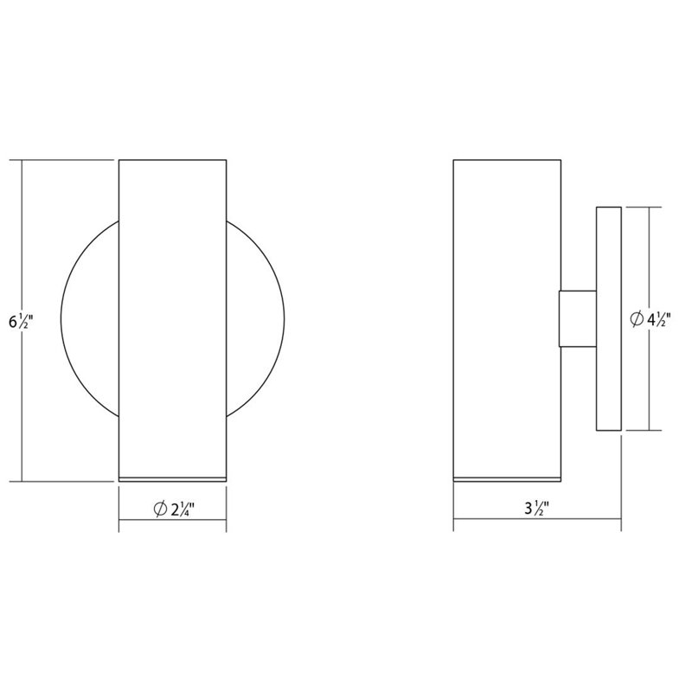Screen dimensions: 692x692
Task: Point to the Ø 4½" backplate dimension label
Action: pyautogui.click(x=649, y=320)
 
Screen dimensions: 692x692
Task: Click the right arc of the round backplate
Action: pyautogui.click(x=277, y=320)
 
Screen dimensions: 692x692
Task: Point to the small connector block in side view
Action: pyautogui.click(x=577, y=319)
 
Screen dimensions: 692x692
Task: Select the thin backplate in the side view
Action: pyautogui.click(x=609, y=319)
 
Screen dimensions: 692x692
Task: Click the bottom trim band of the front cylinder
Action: pyautogui.click(x=171, y=477)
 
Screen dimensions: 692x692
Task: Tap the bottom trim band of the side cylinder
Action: pyautogui.click(x=506, y=477)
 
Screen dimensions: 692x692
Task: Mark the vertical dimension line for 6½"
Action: pyautogui.click(x=22, y=242)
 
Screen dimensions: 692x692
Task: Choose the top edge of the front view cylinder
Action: pyautogui.click(x=171, y=159)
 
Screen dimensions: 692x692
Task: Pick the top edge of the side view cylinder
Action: pyautogui.click(x=506, y=159)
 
